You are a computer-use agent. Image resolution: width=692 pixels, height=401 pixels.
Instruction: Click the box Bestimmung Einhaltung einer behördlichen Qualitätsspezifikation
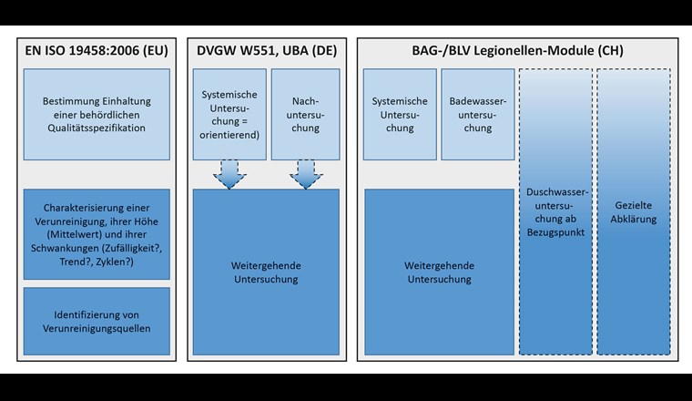97,113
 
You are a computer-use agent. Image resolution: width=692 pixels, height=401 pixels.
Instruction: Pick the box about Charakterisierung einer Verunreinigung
97,234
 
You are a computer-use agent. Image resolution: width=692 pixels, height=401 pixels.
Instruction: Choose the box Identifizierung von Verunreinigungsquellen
97,321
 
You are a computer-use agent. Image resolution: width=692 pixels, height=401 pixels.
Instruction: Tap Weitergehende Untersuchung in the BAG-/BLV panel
438,272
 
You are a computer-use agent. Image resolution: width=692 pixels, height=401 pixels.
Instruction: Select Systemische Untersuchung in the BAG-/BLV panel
400,114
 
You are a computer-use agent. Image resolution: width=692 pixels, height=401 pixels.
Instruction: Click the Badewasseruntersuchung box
477,114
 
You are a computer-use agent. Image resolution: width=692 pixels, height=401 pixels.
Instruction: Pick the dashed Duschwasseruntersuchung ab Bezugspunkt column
555,211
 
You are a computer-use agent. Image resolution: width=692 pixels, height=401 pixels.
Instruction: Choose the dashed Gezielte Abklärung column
633,211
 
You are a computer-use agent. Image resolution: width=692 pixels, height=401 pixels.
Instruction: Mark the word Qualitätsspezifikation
97,129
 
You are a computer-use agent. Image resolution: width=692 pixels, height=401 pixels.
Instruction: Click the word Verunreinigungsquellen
97,328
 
